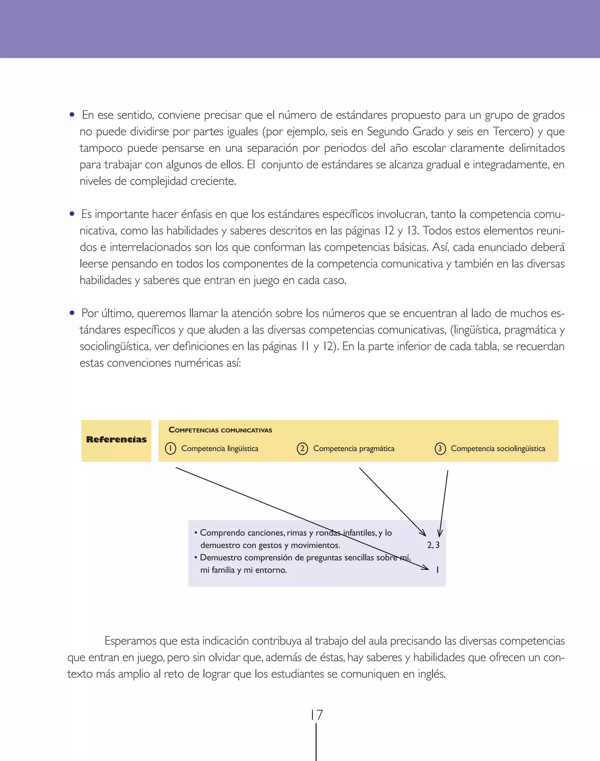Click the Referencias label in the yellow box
116,440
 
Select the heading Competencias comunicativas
220,430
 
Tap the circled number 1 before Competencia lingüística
171,449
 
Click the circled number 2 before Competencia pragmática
302,449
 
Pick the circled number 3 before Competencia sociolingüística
440,449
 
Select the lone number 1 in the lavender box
437,570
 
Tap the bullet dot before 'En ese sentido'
72,115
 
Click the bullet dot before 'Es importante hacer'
72,214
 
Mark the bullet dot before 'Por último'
72,313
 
